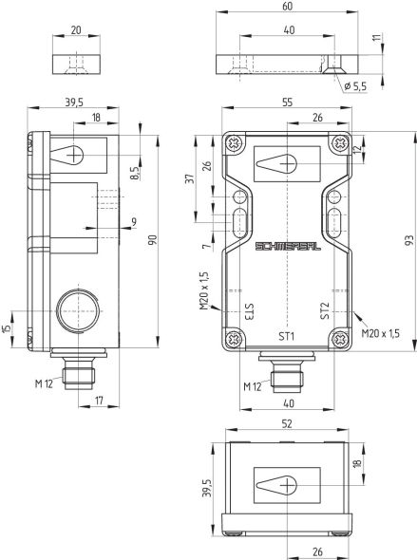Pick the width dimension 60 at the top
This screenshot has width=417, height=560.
tap(286, 7)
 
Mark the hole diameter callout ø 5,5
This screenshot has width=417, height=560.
tap(355, 87)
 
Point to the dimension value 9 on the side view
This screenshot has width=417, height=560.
tap(134, 222)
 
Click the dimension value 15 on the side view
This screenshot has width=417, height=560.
tap(9, 328)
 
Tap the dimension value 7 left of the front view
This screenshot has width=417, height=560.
tap(202, 246)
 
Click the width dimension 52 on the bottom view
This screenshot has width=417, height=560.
tap(287, 425)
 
